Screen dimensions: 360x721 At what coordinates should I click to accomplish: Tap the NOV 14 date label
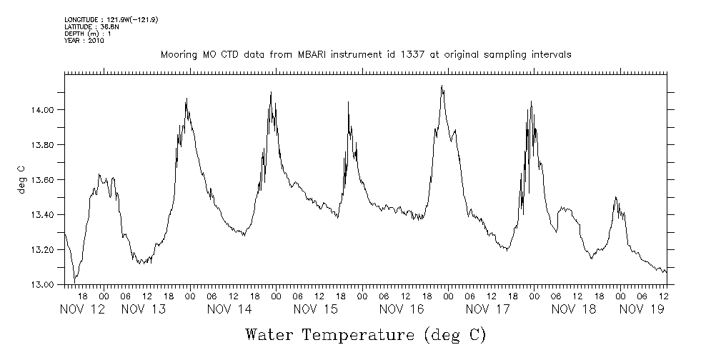click(229, 309)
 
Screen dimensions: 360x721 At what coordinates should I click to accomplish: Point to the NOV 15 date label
click(315, 309)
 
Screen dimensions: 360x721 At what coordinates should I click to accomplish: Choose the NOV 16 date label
click(402, 309)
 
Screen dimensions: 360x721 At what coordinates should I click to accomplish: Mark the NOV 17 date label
click(487, 309)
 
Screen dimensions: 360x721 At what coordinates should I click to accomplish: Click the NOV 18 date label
click(573, 309)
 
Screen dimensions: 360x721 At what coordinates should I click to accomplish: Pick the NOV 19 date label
click(642, 309)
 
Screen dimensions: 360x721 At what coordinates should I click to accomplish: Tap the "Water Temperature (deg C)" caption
click(366, 334)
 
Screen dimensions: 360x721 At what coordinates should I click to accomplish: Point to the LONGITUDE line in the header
click(111, 19)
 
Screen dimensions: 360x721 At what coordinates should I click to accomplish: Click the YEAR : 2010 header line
click(84, 41)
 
